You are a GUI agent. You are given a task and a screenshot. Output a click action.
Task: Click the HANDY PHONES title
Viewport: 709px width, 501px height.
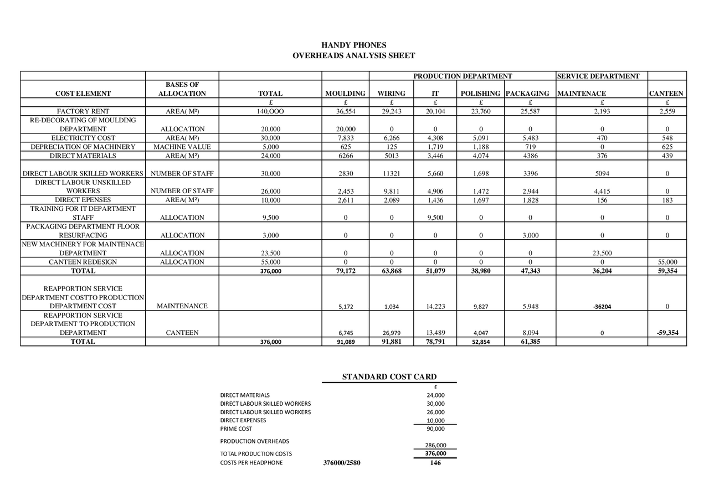pyautogui.click(x=354, y=45)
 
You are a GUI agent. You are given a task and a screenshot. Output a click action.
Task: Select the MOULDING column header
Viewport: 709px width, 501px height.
pyautogui.click(x=345, y=94)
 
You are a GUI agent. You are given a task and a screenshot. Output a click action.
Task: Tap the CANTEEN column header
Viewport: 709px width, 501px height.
pyautogui.click(x=666, y=94)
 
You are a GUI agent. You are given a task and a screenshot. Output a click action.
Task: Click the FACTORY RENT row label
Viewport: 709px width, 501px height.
pyautogui.click(x=83, y=111)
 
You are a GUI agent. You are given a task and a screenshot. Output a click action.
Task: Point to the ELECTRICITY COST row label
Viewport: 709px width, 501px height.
pyautogui.click(x=83, y=138)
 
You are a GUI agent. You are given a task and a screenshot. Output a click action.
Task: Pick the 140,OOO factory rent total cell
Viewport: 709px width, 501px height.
pyautogui.click(x=270, y=111)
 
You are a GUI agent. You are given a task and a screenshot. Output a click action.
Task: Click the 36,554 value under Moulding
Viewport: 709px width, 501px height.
pyautogui.click(x=345, y=111)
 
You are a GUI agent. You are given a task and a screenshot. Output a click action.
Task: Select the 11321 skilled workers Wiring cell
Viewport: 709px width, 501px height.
pyautogui.click(x=391, y=173)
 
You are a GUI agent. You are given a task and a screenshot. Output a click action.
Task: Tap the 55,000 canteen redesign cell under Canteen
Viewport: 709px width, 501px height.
pyautogui.click(x=667, y=262)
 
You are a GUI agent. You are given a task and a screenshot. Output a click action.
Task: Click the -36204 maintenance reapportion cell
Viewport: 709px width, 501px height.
pyautogui.click(x=602, y=306)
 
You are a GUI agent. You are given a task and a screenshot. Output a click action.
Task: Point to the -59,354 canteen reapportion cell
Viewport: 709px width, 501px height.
pyautogui.click(x=667, y=333)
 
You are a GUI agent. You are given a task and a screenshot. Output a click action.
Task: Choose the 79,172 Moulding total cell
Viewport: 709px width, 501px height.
pyautogui.click(x=345, y=271)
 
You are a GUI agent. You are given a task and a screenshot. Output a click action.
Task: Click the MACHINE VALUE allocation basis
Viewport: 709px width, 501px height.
pyautogui.click(x=182, y=147)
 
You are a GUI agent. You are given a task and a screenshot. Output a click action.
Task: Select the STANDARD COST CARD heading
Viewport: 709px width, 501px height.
pyautogui.click(x=389, y=377)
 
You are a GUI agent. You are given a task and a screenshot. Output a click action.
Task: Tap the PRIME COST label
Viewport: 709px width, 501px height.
pyautogui.click(x=236, y=428)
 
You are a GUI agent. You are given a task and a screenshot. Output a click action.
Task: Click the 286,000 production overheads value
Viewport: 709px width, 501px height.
pyautogui.click(x=435, y=445)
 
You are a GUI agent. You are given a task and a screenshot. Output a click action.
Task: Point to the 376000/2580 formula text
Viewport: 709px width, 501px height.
pyautogui.click(x=342, y=463)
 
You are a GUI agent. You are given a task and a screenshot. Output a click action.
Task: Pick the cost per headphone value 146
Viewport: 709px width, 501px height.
pyautogui.click(x=435, y=463)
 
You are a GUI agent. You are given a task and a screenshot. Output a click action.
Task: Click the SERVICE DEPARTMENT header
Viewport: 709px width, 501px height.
pyautogui.click(x=598, y=76)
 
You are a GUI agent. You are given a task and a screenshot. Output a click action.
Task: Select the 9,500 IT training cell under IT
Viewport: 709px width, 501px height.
pyautogui.click(x=435, y=218)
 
